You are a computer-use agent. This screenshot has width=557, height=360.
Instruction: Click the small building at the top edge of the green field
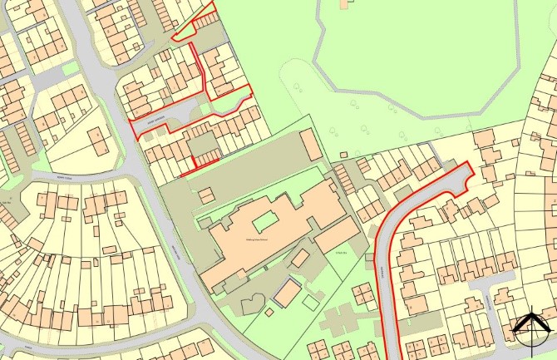[x=344, y=4]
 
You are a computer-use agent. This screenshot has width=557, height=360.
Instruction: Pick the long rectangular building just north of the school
[x=309, y=145]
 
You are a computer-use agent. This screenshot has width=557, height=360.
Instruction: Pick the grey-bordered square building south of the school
[x=288, y=292]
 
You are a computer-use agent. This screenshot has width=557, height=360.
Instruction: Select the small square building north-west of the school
[x=205, y=194]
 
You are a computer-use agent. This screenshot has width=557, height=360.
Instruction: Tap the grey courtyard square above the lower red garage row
[x=204, y=145]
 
